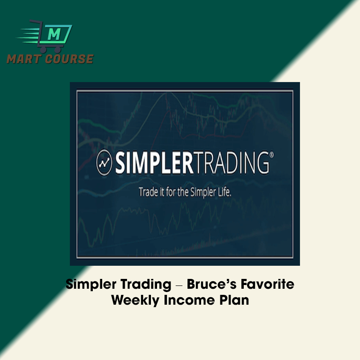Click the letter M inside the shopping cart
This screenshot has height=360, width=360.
click(x=54, y=34)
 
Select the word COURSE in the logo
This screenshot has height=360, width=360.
click(x=69, y=59)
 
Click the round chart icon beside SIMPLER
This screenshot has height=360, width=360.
click(x=104, y=163)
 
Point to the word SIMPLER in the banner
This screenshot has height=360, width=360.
click(x=154, y=163)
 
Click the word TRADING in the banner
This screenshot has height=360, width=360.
click(x=230, y=163)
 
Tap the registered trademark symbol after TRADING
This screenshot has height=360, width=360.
click(x=271, y=155)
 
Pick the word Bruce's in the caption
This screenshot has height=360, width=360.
click(x=211, y=284)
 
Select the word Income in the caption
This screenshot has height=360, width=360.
click(x=189, y=300)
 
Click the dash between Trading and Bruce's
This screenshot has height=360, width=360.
click(x=179, y=286)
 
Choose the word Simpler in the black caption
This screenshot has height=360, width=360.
click(x=91, y=285)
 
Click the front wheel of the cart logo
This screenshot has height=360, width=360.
click(x=58, y=49)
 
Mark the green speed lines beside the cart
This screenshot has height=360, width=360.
click(x=28, y=36)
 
